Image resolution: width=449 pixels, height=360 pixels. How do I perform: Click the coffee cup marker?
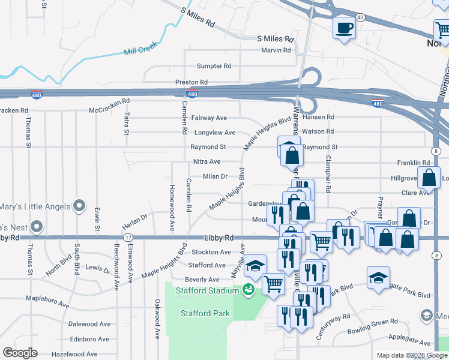point(345,28)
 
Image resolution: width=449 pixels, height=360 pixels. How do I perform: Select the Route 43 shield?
point(360,17)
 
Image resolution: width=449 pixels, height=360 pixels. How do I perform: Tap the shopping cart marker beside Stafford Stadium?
point(273,283)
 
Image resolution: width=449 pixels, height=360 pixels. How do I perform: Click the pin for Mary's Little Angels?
point(79,206)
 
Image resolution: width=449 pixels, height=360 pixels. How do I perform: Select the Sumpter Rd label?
point(214,66)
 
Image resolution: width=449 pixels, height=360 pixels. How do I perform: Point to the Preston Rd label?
point(191,82)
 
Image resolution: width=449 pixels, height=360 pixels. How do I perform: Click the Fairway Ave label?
point(208,118)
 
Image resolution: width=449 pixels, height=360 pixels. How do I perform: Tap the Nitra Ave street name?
point(206,162)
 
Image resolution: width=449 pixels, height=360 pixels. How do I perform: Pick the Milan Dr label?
point(215,176)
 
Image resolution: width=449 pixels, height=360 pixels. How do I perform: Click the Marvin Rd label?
point(276,50)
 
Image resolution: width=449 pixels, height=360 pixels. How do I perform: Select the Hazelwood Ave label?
point(74,354)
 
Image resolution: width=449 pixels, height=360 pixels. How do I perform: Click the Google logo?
point(20,353)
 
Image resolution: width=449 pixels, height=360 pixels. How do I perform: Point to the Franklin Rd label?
point(414,163)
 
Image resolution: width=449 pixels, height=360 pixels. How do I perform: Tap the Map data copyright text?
point(412,355)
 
